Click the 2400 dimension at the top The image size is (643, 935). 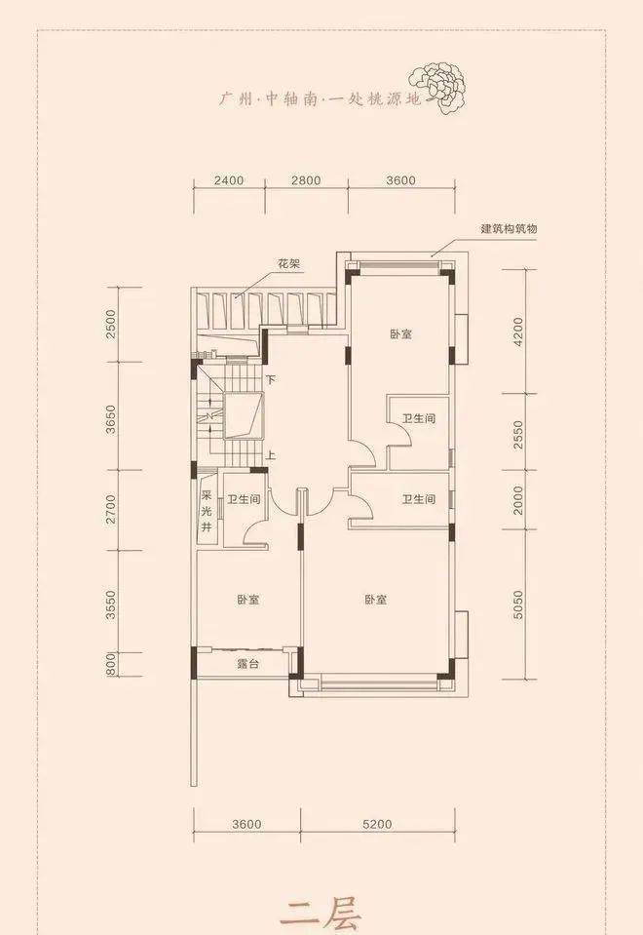pos(229,180)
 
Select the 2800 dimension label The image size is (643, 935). pos(306,180)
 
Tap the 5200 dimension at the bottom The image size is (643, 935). pos(377,824)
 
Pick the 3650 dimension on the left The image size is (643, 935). pos(111,420)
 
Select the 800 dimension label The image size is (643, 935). pos(111,664)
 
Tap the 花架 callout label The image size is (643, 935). pos(289,263)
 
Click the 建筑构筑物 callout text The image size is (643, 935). pos(510,229)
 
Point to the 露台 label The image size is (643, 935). pos(247,663)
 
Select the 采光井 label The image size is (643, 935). pos(207,511)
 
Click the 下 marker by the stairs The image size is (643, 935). pos(271,379)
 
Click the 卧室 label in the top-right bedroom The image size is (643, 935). pos(401,333)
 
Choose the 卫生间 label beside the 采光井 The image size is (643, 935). pos(244,499)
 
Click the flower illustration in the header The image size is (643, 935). pos(437,89)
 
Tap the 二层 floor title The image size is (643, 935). pos(321,915)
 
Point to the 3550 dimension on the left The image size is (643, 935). pos(111,604)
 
